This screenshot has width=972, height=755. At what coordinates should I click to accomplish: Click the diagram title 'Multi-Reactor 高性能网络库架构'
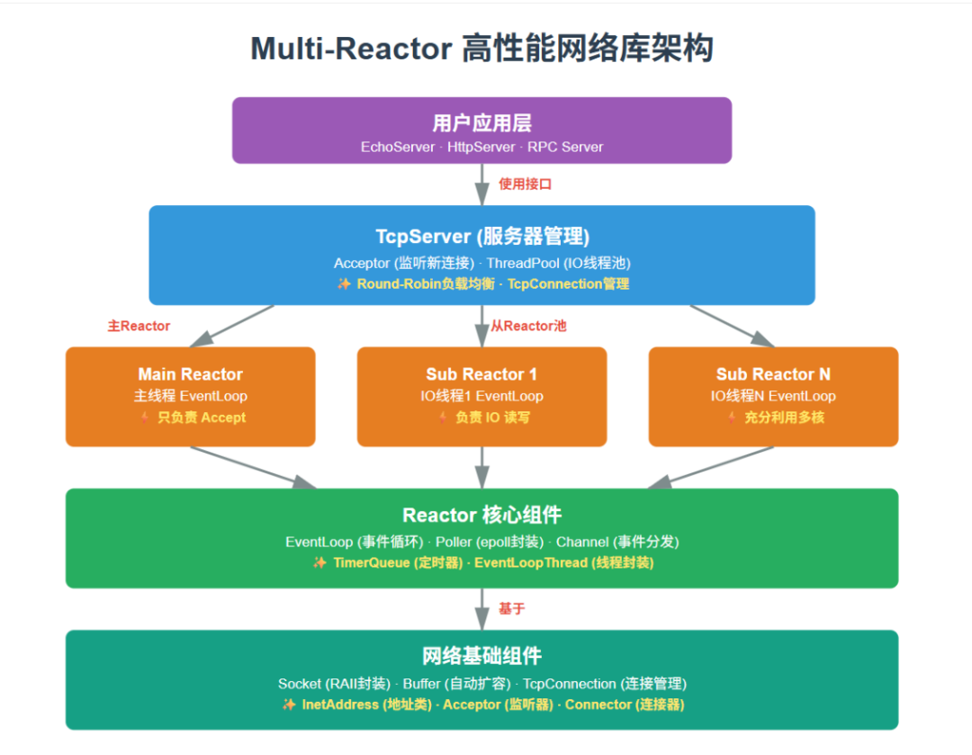[x=481, y=49]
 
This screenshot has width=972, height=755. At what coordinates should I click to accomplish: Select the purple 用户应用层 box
[x=481, y=130]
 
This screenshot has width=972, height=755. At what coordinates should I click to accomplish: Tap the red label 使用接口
[x=525, y=184]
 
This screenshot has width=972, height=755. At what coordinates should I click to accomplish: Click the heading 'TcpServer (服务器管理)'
[x=481, y=237]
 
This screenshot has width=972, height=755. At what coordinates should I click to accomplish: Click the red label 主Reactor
[x=139, y=326]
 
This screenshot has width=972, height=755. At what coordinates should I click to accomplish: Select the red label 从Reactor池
[x=528, y=326]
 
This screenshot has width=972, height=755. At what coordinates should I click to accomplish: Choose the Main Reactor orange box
[x=190, y=396]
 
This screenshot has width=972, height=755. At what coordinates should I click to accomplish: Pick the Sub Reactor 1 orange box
[x=481, y=396]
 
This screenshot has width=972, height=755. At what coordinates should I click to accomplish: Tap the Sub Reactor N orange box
[x=773, y=396]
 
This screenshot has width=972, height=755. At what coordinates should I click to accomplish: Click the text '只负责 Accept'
[x=201, y=418]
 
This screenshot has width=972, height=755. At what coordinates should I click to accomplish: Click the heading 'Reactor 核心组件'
[x=481, y=516]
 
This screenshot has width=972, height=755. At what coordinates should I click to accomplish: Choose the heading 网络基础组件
[x=481, y=656]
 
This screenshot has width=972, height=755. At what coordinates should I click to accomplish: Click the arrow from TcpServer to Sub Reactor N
[x=731, y=326]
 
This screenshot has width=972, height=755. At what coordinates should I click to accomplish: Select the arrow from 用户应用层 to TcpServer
[x=482, y=184]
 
